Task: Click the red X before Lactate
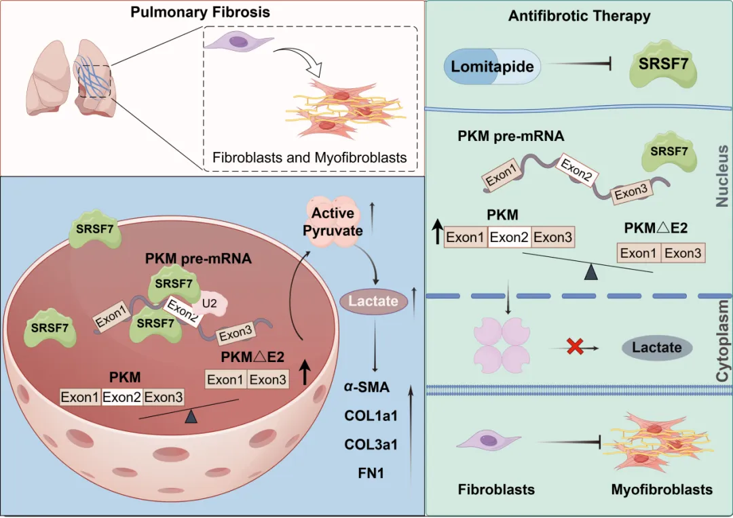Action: (x=576, y=347)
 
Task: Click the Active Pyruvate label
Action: (x=333, y=222)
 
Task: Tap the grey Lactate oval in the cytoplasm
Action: (x=656, y=348)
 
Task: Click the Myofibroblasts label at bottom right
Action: (x=662, y=490)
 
